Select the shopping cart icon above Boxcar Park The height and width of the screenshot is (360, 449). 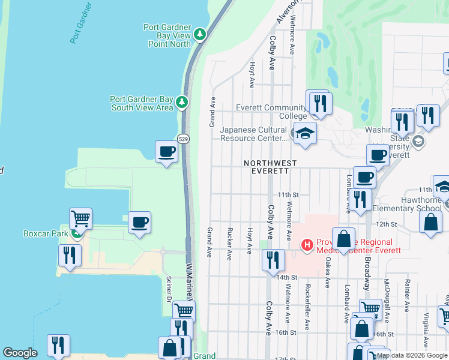80,218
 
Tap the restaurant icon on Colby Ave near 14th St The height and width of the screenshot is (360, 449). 273,260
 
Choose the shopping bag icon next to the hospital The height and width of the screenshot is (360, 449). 343,239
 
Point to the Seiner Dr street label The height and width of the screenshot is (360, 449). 169,290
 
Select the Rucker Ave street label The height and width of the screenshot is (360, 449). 229,244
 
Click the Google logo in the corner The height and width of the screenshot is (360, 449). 20,353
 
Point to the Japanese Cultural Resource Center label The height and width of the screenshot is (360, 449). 253,133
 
